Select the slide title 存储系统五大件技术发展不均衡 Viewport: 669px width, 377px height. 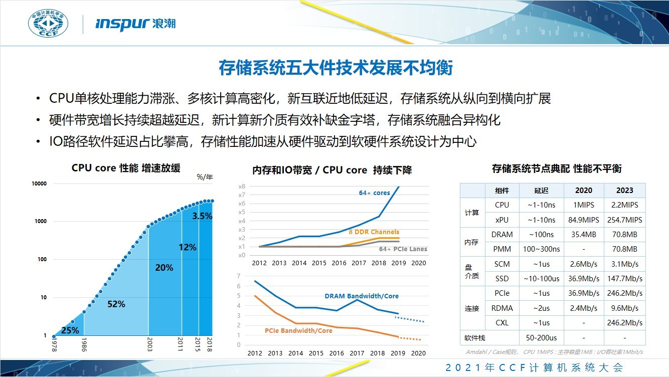coord(335,68)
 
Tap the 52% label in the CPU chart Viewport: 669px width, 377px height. coord(116,304)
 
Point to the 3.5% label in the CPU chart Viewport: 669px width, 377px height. coord(203,216)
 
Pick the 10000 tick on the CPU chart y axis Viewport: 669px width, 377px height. coord(39,183)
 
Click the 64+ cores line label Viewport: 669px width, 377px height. coord(374,193)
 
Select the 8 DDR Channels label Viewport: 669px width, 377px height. coord(374,232)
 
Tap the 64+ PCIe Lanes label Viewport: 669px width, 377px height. coord(403,249)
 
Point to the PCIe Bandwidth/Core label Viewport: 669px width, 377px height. coord(298,331)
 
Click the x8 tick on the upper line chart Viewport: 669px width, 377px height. coord(242,186)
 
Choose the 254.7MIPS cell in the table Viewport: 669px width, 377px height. coord(624,220)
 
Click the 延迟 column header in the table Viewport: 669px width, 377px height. coord(541,191)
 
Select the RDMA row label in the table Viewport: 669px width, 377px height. coord(501,308)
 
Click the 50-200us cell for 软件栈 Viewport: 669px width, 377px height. coord(541,337)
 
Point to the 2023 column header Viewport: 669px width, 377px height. coord(624,191)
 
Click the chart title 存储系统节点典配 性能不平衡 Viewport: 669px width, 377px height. coord(557,168)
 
